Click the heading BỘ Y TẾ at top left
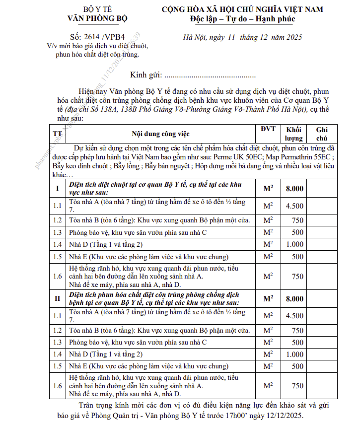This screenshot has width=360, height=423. (98, 9)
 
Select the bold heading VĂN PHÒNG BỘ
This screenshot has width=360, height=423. (98, 18)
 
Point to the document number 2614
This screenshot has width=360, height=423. (92, 37)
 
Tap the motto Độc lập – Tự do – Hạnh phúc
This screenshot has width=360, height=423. (243, 19)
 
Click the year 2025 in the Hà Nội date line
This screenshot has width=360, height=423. (293, 37)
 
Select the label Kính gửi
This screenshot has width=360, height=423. (145, 75)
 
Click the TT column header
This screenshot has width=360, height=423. (58, 134)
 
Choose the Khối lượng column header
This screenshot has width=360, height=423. (294, 134)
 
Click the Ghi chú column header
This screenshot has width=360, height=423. (322, 134)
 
